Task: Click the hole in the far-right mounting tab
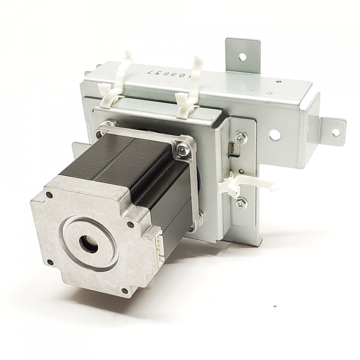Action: point(335,132)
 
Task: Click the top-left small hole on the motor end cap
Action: point(49,195)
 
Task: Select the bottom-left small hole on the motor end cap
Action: point(50,262)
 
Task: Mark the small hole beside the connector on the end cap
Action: point(130,225)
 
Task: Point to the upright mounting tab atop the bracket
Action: point(243,52)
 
